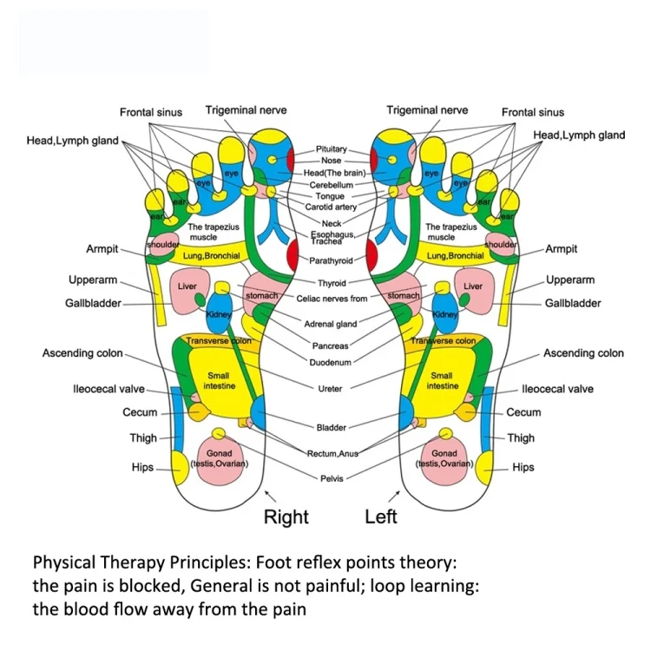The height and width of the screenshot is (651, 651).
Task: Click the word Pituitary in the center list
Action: click(x=331, y=149)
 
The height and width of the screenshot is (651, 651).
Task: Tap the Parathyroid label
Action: click(x=331, y=260)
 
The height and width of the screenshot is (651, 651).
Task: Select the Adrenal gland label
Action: click(x=331, y=324)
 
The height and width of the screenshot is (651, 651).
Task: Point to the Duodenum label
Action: click(x=331, y=361)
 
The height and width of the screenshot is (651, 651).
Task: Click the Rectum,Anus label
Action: click(x=332, y=453)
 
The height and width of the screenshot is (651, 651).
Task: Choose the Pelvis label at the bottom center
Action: click(x=332, y=478)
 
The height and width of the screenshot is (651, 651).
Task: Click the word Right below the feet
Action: click(x=286, y=517)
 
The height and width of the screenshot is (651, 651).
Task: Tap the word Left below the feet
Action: click(x=381, y=516)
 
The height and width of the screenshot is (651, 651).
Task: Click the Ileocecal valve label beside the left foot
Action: click(x=557, y=389)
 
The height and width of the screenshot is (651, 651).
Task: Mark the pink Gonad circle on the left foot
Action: click(x=444, y=457)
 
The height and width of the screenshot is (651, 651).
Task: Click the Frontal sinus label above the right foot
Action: click(x=151, y=112)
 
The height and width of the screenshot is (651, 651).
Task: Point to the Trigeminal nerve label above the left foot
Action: click(x=427, y=110)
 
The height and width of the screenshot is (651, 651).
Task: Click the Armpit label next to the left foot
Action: click(x=561, y=249)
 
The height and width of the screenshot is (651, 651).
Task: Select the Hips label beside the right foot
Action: click(x=142, y=467)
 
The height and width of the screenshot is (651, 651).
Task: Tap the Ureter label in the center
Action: click(x=331, y=389)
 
